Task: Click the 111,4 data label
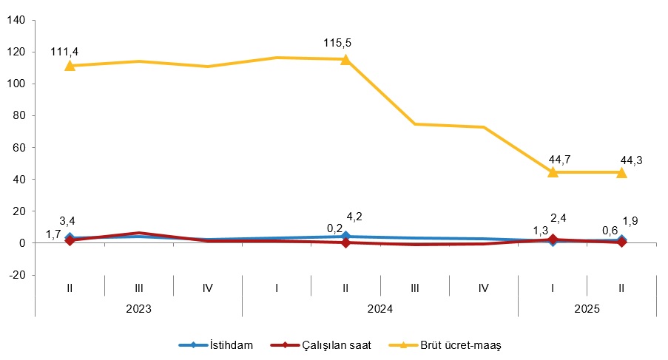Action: [64, 51]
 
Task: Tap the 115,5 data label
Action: [337, 44]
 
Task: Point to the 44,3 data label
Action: [631, 159]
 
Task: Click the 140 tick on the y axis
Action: [16, 20]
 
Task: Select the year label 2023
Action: [138, 308]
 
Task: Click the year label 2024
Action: [379, 308]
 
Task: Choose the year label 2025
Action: [587, 308]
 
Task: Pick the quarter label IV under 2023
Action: [207, 288]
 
